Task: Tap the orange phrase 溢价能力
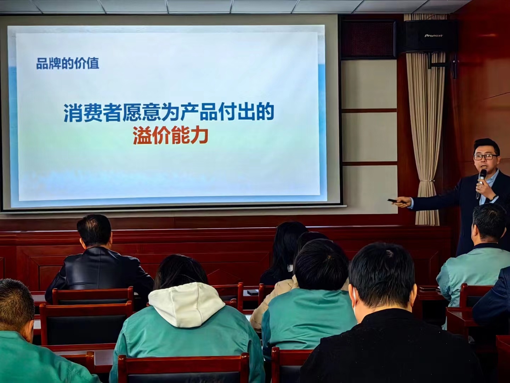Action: tap(170, 135)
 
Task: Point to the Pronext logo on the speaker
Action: tap(433, 35)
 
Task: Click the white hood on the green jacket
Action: tap(182, 303)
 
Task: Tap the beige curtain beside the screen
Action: tap(425, 135)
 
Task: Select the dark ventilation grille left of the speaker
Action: tap(368, 39)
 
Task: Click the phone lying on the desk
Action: tap(252, 292)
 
